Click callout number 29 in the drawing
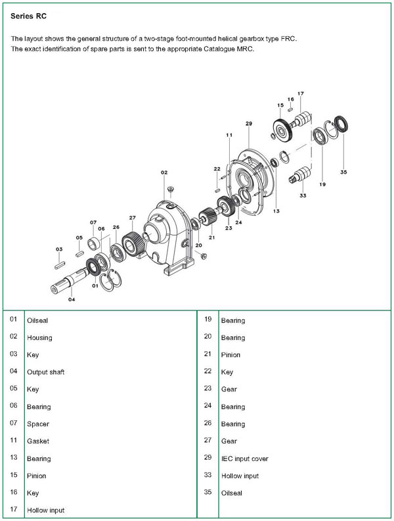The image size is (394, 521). point(249,124)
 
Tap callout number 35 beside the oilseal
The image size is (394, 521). point(343,172)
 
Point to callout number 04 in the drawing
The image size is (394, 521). point(72,299)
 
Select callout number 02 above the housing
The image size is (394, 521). point(164,172)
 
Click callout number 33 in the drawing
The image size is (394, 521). point(302,195)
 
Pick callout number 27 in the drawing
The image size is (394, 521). point(132,218)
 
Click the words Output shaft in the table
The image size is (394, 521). point(45,372)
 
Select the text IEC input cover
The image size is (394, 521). point(244,459)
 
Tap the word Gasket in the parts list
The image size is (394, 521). point(37,441)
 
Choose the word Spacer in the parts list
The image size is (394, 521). point(37,424)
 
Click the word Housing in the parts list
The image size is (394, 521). point(39,338)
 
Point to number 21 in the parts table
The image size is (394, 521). point(208,355)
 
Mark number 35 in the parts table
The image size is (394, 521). point(208,492)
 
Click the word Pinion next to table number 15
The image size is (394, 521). point(36,476)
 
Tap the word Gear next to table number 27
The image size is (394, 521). point(229,441)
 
